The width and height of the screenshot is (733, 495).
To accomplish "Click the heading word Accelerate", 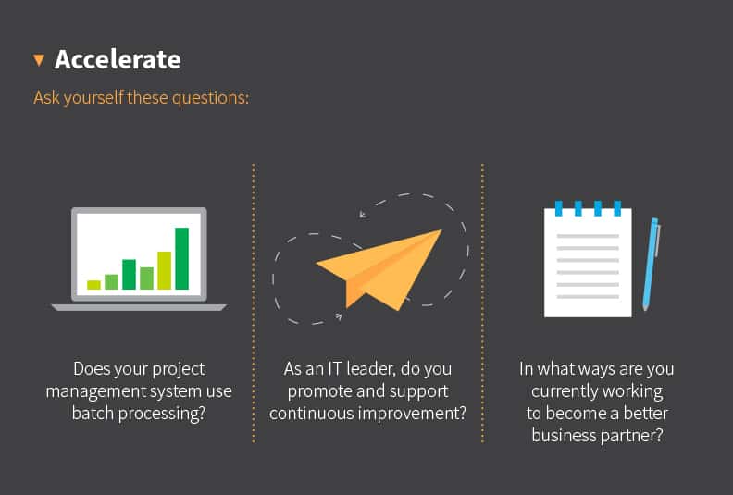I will click(x=118, y=60).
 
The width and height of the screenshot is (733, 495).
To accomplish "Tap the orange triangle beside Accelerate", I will click(x=39, y=60).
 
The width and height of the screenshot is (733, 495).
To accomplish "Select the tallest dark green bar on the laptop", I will click(x=181, y=258).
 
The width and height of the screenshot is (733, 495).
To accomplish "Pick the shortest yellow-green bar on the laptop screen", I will click(x=93, y=285).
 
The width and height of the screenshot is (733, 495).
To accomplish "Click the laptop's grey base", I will click(x=139, y=306).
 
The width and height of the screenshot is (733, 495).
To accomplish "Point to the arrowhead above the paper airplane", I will click(x=363, y=215).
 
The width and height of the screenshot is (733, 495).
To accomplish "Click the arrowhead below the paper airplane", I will click(x=338, y=316).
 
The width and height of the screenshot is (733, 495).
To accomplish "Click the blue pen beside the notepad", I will click(x=651, y=263).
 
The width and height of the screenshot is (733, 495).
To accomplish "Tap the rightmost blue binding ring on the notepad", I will click(x=615, y=207).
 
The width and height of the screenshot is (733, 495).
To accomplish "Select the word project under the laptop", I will click(x=174, y=368).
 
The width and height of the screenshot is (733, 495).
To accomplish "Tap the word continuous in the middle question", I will click(x=309, y=413).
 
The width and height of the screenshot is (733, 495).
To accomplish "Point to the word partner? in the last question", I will click(x=633, y=435).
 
